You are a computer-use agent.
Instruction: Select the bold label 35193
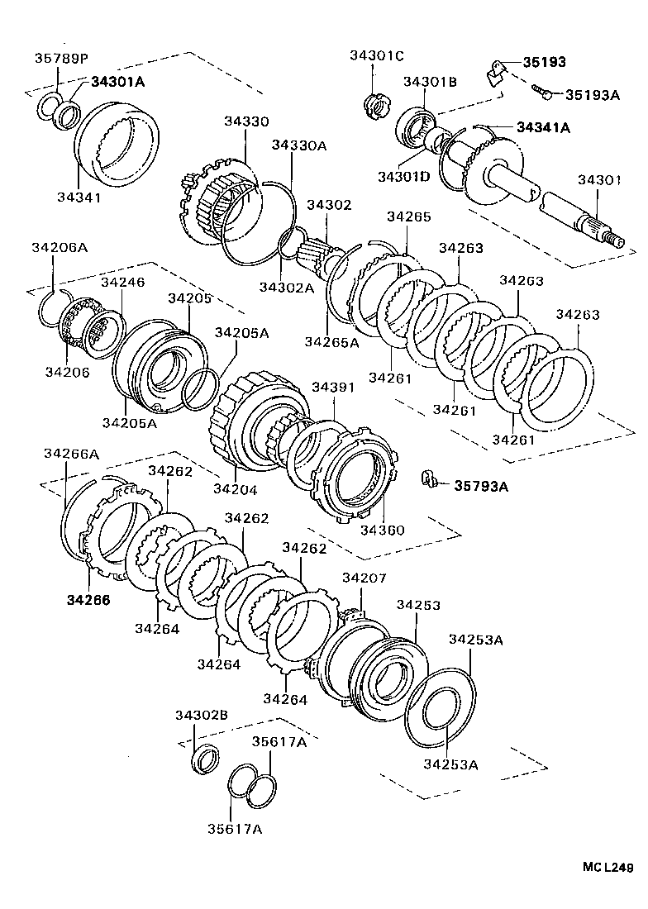point(542,62)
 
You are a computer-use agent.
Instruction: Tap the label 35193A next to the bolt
point(592,94)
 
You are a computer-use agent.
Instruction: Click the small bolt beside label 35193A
point(541,91)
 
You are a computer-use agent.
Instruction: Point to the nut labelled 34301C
point(373,105)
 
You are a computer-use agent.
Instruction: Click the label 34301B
point(430,81)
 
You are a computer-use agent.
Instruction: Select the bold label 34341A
point(543,127)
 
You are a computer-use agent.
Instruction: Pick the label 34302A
point(286,287)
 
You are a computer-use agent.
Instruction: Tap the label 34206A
point(60,246)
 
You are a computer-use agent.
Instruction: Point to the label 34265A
point(331,341)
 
